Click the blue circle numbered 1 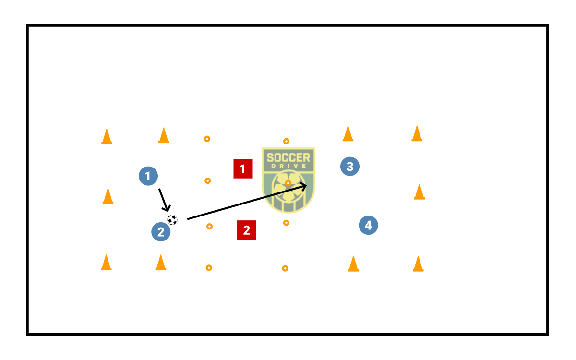(148, 176)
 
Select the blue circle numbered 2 (161, 232)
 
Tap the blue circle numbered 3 (350, 167)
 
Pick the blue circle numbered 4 (368, 225)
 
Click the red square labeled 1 (243, 169)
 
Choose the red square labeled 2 (246, 230)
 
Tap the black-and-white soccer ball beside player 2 (172, 220)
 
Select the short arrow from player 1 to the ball (163, 199)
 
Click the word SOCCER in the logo (288, 157)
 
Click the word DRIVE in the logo (288, 167)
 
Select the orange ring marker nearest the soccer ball (209, 226)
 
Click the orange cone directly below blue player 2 (161, 263)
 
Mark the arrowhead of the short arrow (167, 208)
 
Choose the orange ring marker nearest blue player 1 (208, 181)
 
